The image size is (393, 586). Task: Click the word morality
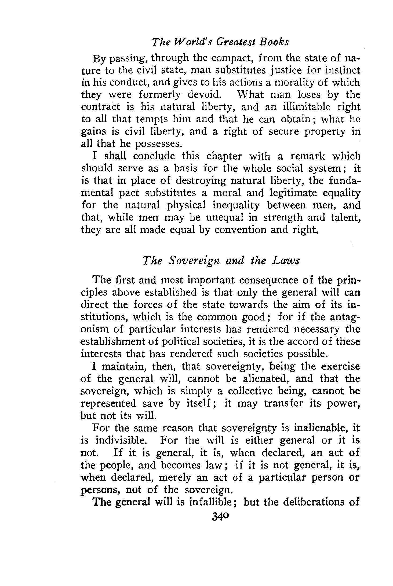[x=287, y=83]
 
